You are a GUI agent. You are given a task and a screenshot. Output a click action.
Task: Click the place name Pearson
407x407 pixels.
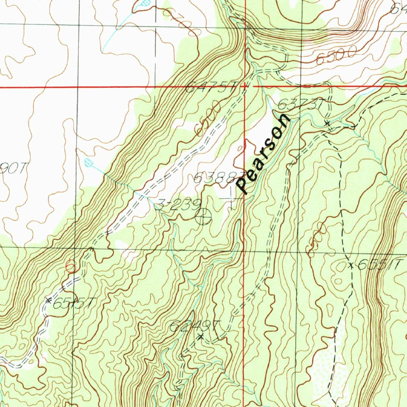click(x=264, y=154)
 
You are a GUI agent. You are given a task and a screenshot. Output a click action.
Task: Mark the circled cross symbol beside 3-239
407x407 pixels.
click(x=203, y=217)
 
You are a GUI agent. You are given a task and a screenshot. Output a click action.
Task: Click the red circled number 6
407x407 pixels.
click(x=71, y=266)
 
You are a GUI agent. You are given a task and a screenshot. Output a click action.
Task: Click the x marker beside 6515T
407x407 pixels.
click(x=48, y=300)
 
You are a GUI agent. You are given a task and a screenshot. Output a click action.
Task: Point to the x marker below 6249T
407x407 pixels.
click(x=200, y=337)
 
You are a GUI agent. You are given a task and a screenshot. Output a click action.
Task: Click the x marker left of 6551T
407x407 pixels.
click(x=351, y=265)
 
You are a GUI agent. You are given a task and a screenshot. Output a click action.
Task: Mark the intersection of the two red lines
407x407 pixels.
click(x=245, y=86)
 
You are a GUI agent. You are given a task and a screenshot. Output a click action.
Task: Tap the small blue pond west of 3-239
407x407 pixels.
click(x=89, y=162)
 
